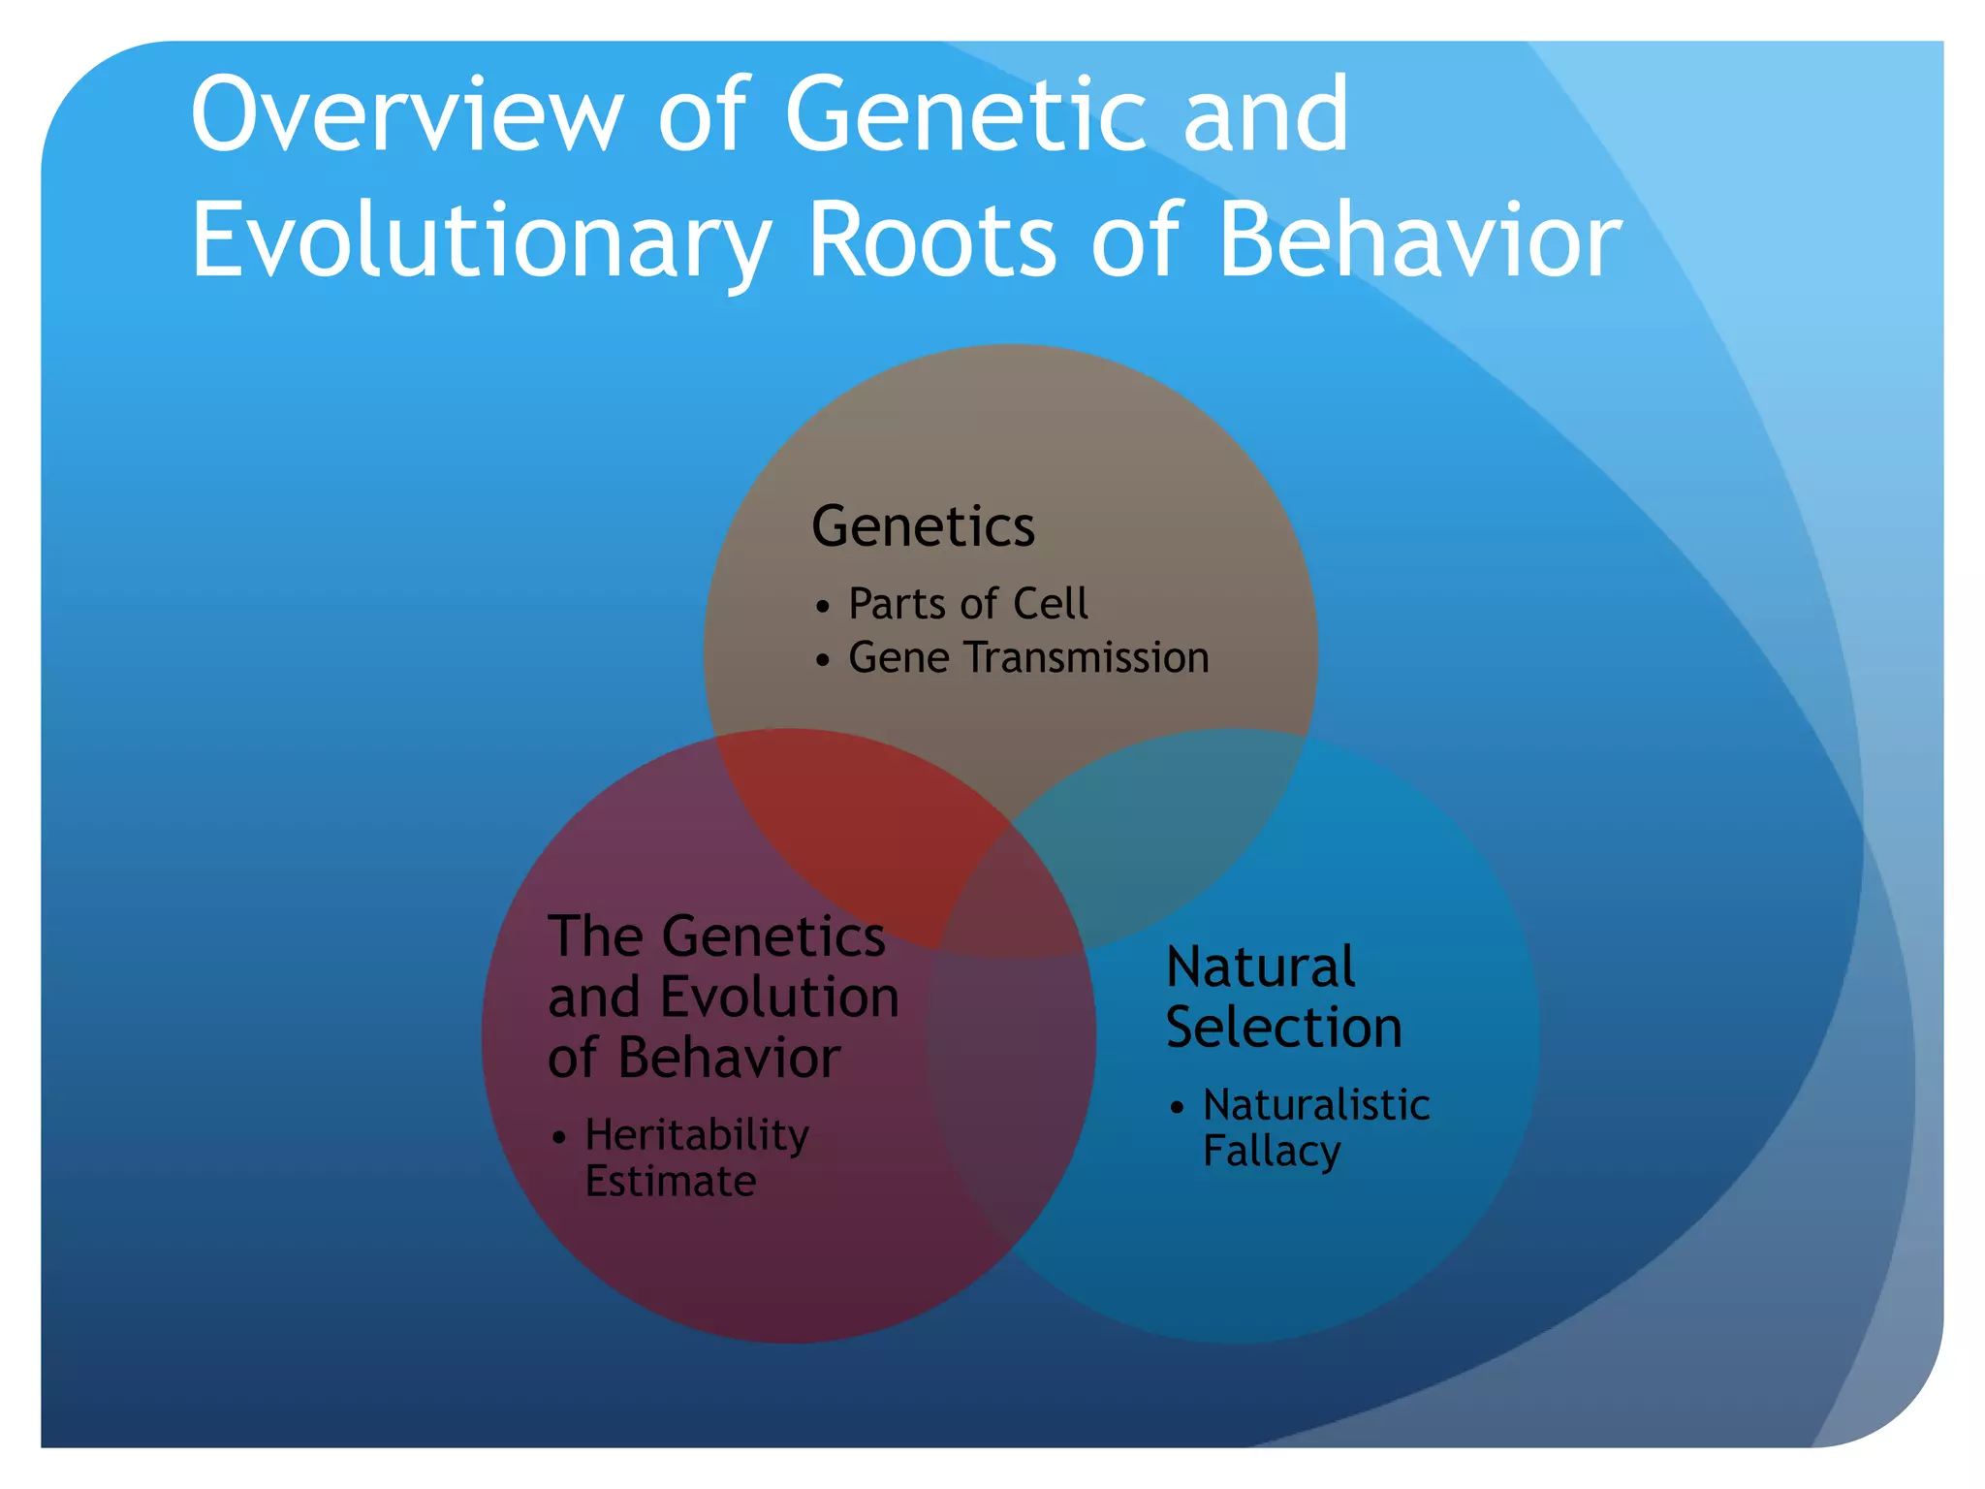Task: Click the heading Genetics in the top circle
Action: pos(923,526)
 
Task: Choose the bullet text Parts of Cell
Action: pos(967,604)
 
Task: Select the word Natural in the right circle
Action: pos(1260,966)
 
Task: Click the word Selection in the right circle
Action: pos(1283,1027)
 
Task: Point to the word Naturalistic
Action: pos(1315,1105)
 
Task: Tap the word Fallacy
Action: pos(1271,1152)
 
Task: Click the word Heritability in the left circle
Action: pos(697,1135)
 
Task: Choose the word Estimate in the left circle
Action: pos(670,1182)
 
